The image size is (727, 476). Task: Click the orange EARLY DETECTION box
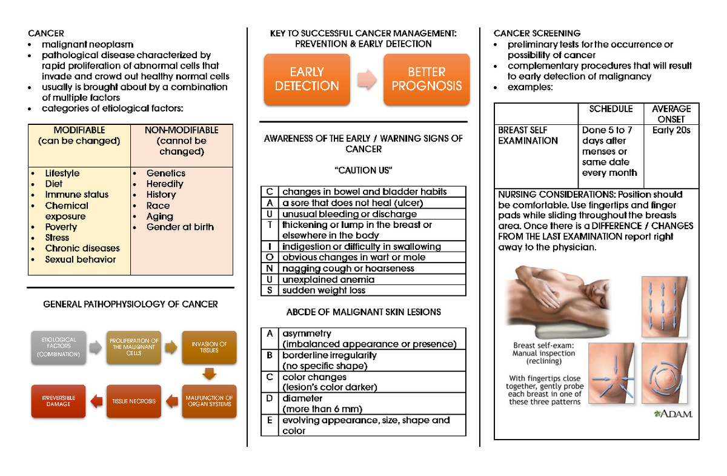click(307, 79)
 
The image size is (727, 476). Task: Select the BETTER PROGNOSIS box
click(427, 79)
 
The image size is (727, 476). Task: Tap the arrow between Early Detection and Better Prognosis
click(366, 79)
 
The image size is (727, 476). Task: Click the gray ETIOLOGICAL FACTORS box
click(59, 346)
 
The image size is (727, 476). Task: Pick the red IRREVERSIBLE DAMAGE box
click(59, 401)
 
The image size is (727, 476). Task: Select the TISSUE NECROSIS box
click(134, 401)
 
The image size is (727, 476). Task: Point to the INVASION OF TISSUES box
click(209, 347)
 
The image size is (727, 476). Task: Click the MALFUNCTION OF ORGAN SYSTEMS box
click(209, 401)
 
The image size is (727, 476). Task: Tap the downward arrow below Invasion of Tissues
click(209, 374)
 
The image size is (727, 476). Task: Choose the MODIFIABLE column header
click(79, 135)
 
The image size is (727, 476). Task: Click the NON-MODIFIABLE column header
click(182, 140)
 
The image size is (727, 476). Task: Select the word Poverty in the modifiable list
click(61, 227)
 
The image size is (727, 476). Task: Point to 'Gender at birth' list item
click(180, 227)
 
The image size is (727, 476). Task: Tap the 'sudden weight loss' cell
click(324, 290)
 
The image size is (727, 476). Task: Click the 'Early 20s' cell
click(671, 130)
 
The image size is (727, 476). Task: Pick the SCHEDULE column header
click(610, 109)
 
